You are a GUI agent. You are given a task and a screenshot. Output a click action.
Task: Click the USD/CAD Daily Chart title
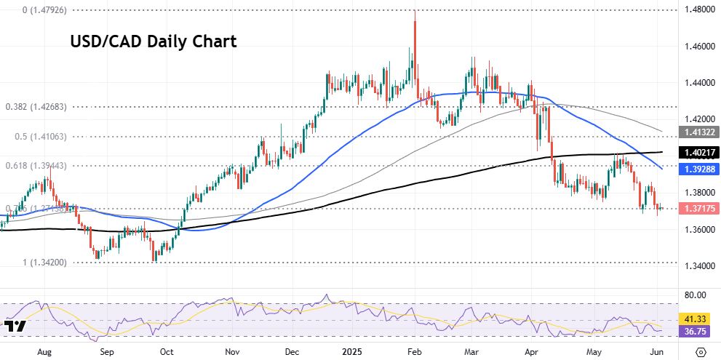tap(153, 41)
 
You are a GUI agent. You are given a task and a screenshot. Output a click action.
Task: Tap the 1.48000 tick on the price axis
tap(699, 10)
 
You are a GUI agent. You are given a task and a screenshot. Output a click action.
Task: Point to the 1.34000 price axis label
tap(699, 266)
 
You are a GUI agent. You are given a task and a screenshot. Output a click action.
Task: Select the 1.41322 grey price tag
tap(699, 132)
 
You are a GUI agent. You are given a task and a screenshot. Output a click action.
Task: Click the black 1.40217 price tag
tap(699, 153)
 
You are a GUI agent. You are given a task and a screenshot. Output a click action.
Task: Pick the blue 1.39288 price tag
tap(699, 169)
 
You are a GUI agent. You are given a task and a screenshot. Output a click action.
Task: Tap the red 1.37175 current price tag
tap(699, 209)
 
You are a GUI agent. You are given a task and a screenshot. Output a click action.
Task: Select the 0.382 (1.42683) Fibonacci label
tap(36, 106)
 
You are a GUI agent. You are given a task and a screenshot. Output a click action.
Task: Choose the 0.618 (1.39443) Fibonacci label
tap(36, 166)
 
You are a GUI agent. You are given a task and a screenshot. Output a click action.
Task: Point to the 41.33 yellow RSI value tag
tap(697, 319)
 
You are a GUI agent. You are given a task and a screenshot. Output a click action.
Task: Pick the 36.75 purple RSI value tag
tap(697, 330)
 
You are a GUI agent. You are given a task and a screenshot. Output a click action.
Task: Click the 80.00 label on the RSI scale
tap(696, 296)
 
